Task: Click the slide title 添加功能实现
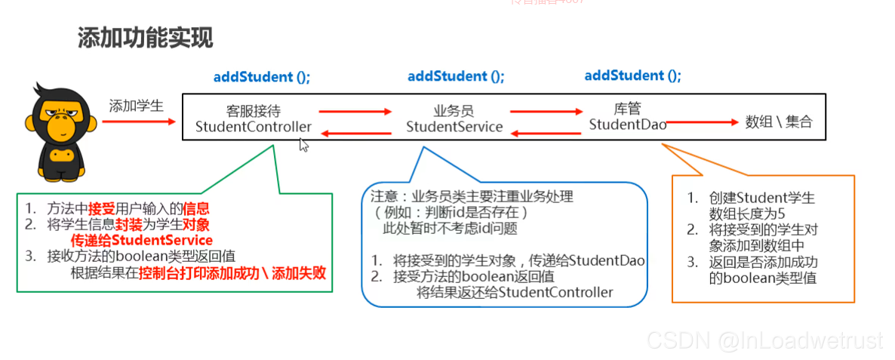(145, 37)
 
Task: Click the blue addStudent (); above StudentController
(262, 77)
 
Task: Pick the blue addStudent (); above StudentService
(456, 77)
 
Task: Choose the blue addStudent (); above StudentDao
(632, 76)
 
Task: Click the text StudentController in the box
(253, 127)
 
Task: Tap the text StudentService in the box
(454, 127)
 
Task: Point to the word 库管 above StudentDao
(628, 108)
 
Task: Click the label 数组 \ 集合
(779, 122)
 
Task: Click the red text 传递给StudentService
(143, 240)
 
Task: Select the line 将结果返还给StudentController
(515, 292)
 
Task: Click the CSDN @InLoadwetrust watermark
(764, 341)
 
